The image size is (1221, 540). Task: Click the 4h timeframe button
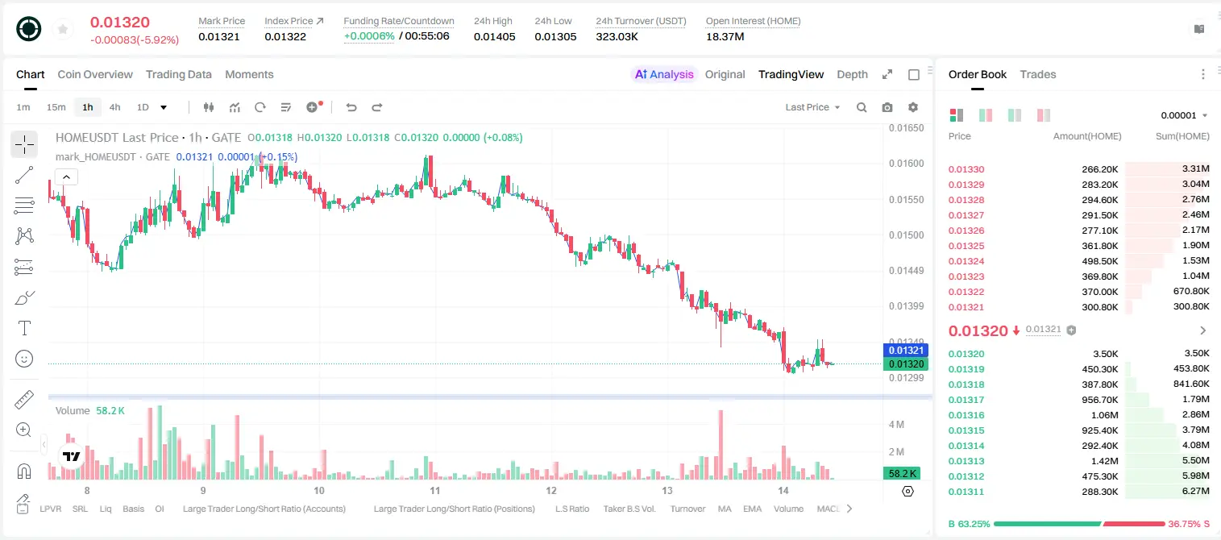114,107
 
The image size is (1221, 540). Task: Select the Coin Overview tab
95,75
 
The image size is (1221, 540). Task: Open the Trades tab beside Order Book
1038,75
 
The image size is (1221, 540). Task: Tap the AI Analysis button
664,75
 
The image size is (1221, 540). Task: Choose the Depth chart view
852,75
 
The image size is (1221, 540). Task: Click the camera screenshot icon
887,107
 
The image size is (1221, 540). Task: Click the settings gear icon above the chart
913,107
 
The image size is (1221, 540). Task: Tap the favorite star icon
63,29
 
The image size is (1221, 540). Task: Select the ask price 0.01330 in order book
966,169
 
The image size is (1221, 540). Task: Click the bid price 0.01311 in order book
966,492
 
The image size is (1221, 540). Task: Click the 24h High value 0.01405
494,36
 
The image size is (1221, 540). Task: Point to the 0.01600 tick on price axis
907,164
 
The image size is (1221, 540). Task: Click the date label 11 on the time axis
434,490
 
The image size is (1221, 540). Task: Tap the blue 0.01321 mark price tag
906,351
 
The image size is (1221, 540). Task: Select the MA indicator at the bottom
725,509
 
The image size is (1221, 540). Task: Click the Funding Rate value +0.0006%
369,36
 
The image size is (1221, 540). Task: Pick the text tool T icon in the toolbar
24,329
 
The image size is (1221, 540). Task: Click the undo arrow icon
351,107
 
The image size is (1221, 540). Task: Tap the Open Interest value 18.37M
725,36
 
